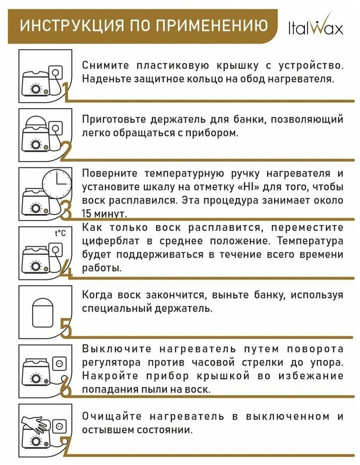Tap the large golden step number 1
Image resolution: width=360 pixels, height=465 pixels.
tap(66, 92)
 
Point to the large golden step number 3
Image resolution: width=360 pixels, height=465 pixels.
tap(66, 210)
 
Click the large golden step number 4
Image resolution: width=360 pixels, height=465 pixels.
tap(66, 270)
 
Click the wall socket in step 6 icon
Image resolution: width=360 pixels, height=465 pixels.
tap(59, 363)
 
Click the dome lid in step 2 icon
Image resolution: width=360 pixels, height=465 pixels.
tap(37, 123)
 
